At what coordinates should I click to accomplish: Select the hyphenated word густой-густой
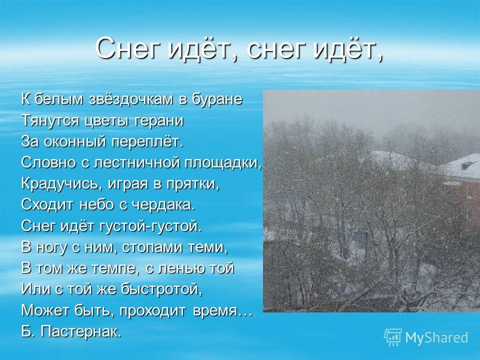click(151, 226)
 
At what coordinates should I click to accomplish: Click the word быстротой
click(161, 289)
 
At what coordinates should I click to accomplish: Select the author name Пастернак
click(81, 331)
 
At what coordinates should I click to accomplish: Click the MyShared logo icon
click(393, 337)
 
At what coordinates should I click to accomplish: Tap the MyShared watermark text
click(436, 337)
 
